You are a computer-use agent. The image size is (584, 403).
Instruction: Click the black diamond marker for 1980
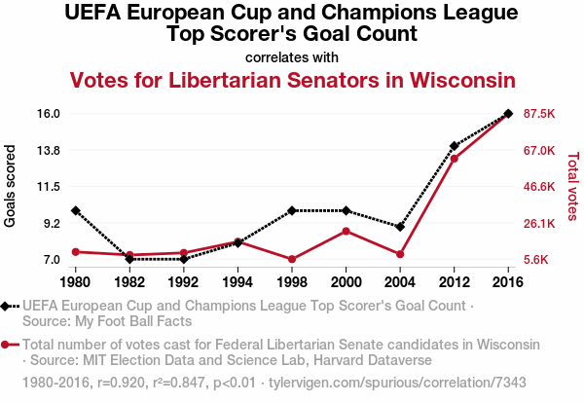coord(76,210)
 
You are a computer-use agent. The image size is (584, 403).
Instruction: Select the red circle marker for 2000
coord(347,231)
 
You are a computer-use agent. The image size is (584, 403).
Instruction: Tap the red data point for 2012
coord(455,158)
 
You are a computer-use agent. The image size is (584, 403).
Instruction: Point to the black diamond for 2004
coord(400,227)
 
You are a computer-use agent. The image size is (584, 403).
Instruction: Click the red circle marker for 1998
coord(292,259)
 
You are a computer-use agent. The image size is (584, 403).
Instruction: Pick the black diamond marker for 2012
coord(455,146)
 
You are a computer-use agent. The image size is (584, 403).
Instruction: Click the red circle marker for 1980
coord(76,252)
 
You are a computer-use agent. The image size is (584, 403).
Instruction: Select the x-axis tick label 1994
coord(238,282)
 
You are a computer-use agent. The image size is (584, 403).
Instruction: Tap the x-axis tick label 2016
coord(508,282)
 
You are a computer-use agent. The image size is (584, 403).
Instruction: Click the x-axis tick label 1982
coord(129,282)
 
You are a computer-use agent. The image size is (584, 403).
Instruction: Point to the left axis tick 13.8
coord(50,150)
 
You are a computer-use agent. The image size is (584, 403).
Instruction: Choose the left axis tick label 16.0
coord(50,114)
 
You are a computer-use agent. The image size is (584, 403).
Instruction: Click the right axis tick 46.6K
coord(539,187)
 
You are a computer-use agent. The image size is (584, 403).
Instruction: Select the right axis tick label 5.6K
coord(539,260)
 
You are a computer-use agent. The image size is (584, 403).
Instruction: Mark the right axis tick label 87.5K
coord(539,114)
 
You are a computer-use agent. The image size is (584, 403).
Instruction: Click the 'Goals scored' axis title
coord(11,186)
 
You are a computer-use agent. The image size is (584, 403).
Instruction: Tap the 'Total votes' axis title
coord(572,186)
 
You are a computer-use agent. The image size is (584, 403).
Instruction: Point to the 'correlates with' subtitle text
coord(292,57)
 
